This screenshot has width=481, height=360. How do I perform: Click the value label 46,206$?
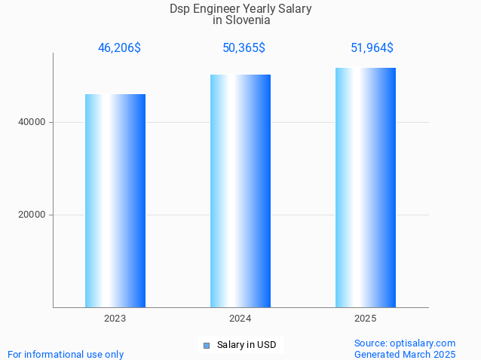pyautogui.click(x=119, y=48)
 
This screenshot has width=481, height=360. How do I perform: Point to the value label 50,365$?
pyautogui.click(x=244, y=48)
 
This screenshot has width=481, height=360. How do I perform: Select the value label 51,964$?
pyautogui.click(x=372, y=48)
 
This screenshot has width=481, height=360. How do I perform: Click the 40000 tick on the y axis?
pyautogui.click(x=31, y=122)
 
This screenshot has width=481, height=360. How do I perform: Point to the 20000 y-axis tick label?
pyautogui.click(x=31, y=215)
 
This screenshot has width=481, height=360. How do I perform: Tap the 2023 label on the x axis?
pyautogui.click(x=115, y=319)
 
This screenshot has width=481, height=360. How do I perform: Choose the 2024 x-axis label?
pyautogui.click(x=240, y=319)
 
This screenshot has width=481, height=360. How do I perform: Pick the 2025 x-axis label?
pyautogui.click(x=366, y=319)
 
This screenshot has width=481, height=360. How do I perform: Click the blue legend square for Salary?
pyautogui.click(x=206, y=346)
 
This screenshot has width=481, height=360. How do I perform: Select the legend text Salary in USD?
pyautogui.click(x=247, y=345)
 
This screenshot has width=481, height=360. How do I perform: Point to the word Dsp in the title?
pyautogui.click(x=180, y=9)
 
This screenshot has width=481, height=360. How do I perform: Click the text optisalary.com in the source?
pyautogui.click(x=424, y=343)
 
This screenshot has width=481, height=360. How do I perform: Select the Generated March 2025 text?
pyautogui.click(x=405, y=354)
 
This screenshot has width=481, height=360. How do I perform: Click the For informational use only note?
pyautogui.click(x=66, y=354)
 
